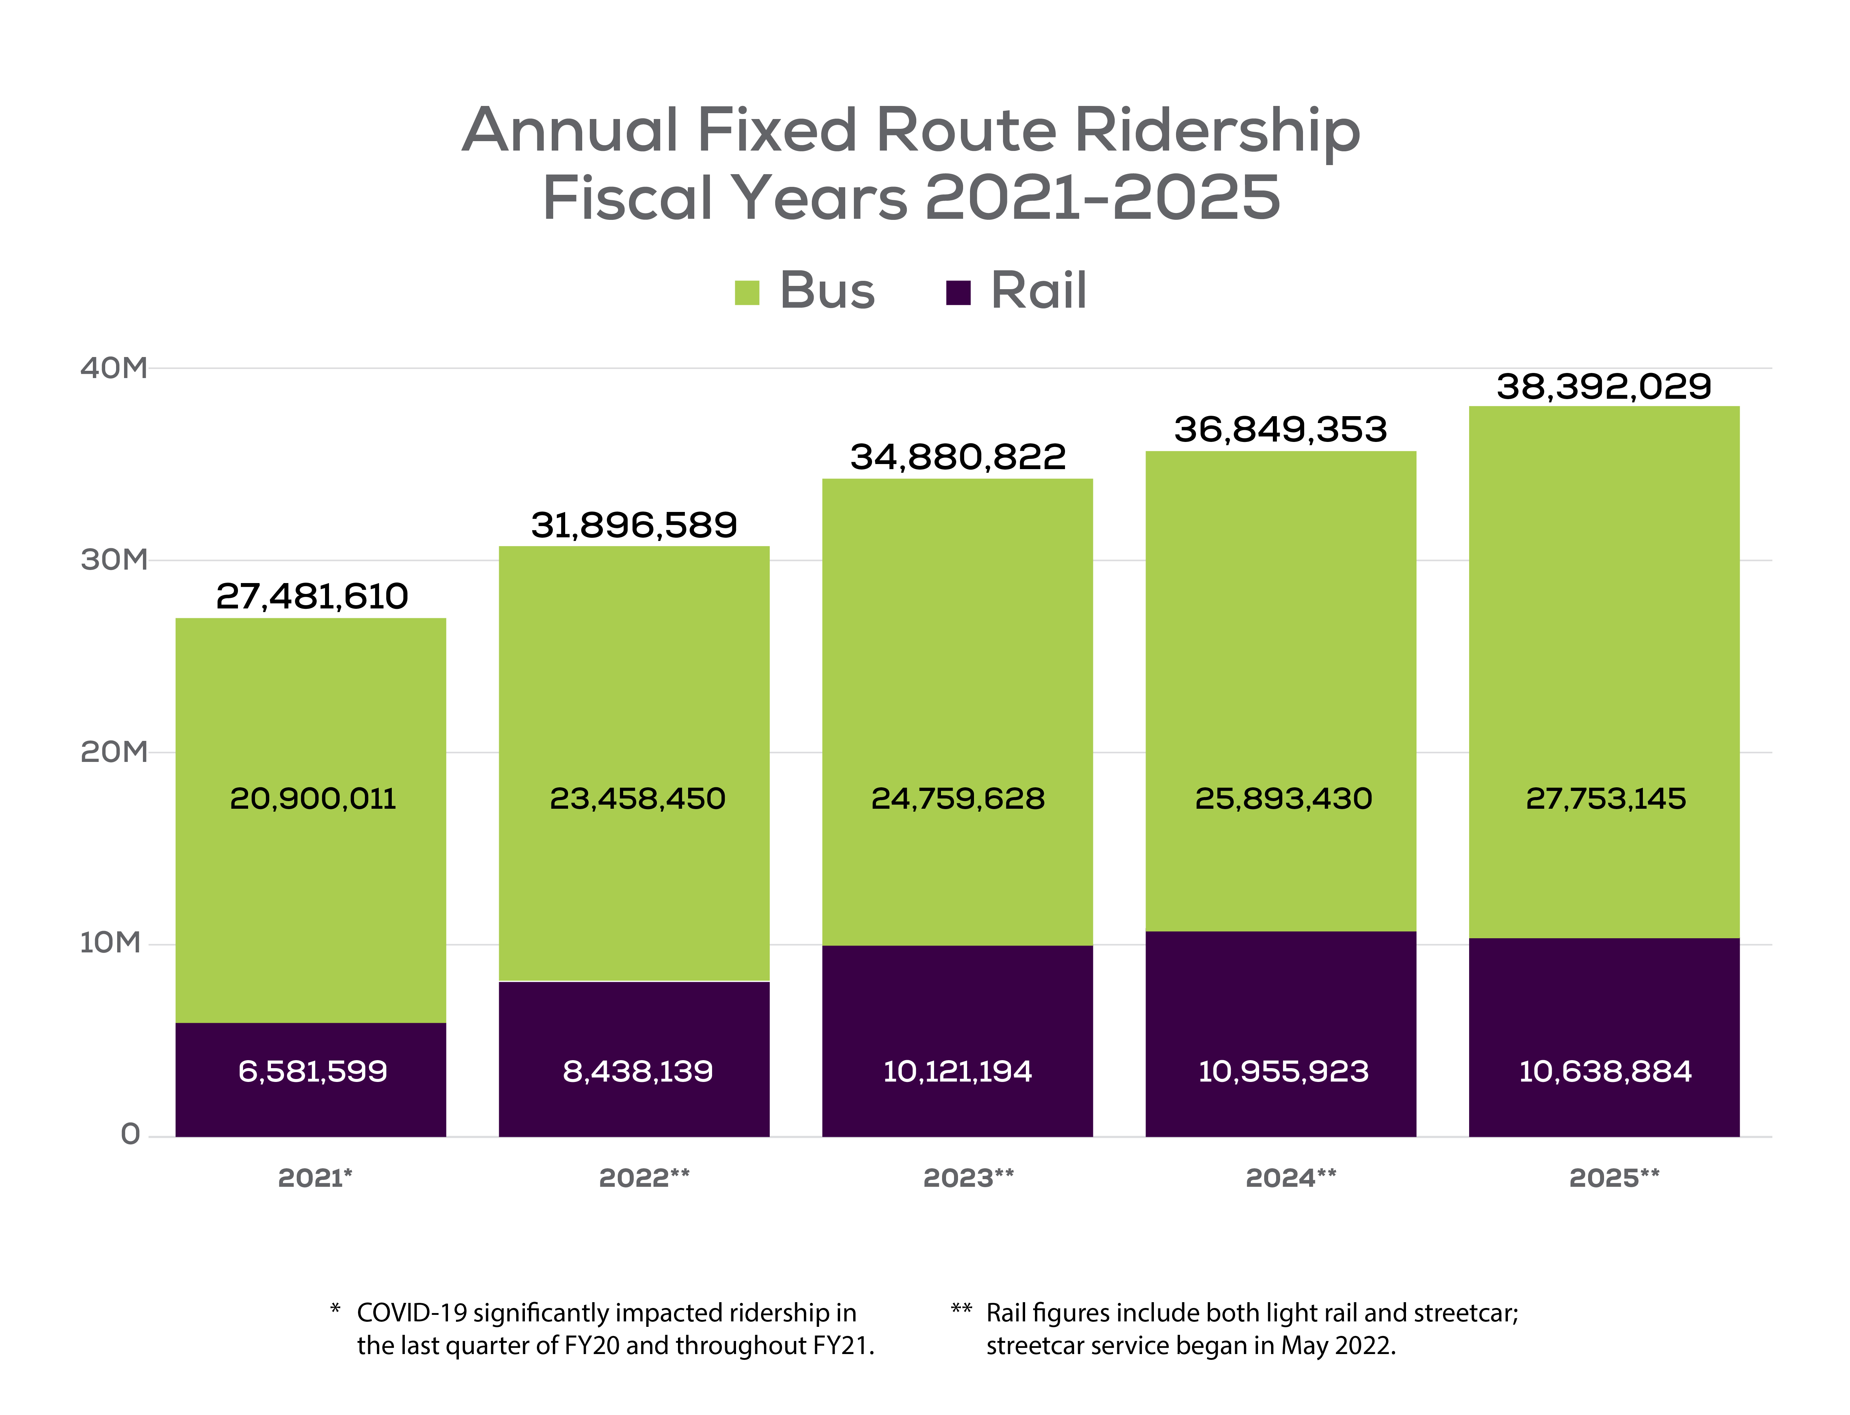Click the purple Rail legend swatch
pos(958,293)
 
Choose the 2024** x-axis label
pos(1290,1177)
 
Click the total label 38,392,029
pos(1603,387)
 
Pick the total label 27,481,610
pos(312,596)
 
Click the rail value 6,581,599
pos(312,1071)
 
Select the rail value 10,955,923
pos(1282,1071)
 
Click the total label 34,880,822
pos(957,458)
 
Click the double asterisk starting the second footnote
pos(961,1310)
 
